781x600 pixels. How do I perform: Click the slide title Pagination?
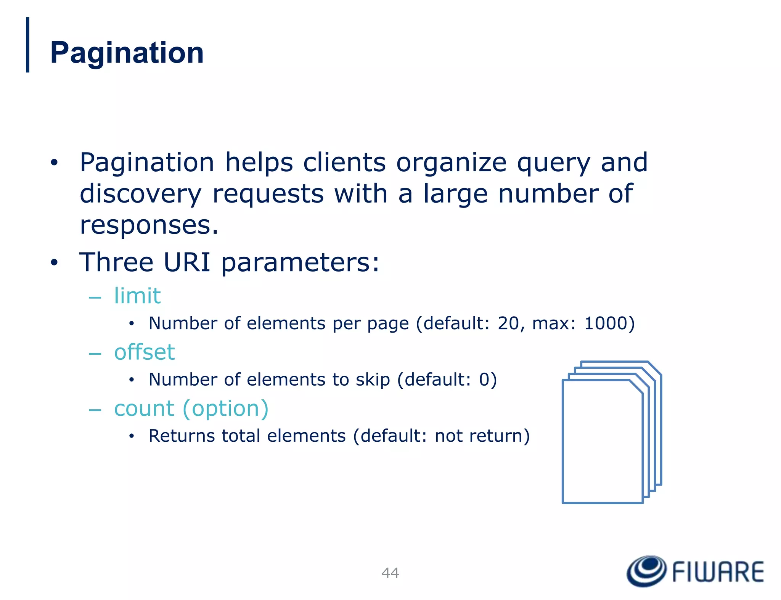click(x=127, y=53)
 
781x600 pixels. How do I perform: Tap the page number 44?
click(x=390, y=573)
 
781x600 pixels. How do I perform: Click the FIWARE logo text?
click(x=718, y=572)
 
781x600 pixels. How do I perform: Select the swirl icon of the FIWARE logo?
click(x=646, y=571)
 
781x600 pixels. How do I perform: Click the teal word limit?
click(x=137, y=296)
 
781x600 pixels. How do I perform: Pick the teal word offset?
click(x=145, y=352)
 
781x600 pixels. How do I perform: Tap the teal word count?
click(x=144, y=409)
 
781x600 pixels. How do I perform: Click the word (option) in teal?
click(x=226, y=409)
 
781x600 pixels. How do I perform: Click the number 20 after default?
click(x=508, y=323)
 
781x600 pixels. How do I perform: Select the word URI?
click(x=187, y=262)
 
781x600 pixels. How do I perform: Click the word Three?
click(x=116, y=262)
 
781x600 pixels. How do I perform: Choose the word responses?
click(x=149, y=225)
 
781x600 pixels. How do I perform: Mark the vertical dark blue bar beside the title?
click(x=27, y=45)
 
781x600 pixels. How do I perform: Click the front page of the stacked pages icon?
click(x=602, y=442)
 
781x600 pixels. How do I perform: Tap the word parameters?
click(x=300, y=263)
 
